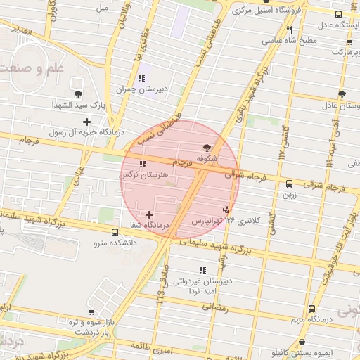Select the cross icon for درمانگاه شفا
point(149,214)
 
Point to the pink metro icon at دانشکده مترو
point(115,232)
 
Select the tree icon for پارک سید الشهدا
point(78,94)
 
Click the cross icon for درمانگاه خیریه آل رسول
point(86,122)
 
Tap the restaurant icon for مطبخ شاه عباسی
point(290,30)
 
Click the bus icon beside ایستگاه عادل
point(338,14)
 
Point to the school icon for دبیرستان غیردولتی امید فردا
point(203,270)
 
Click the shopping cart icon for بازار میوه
point(91,310)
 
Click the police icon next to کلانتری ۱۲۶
point(226,209)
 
